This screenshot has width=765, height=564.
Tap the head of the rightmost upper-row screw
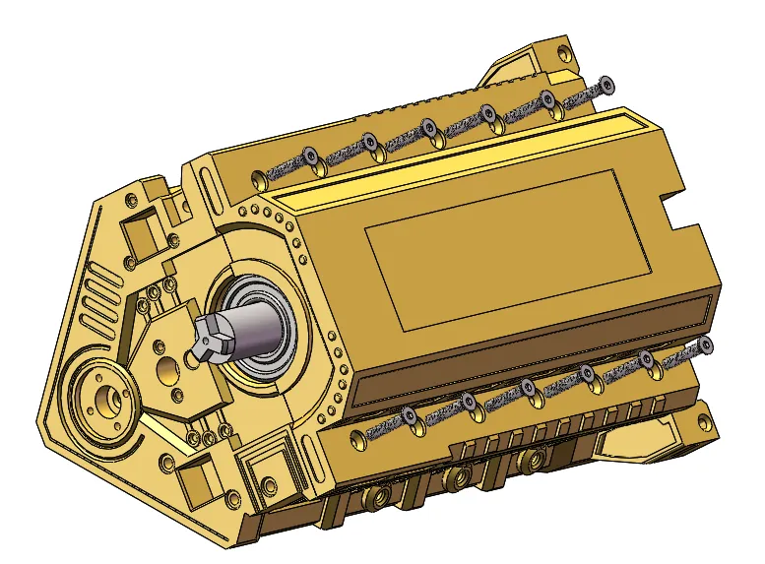point(606,84)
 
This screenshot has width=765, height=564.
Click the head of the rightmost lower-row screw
point(706,345)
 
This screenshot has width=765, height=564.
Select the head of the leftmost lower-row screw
point(409,416)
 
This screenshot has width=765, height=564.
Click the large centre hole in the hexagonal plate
point(165,370)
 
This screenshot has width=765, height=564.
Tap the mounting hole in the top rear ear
point(563,47)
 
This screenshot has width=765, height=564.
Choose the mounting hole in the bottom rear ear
point(701,423)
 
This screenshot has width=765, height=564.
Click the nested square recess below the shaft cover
point(264,463)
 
